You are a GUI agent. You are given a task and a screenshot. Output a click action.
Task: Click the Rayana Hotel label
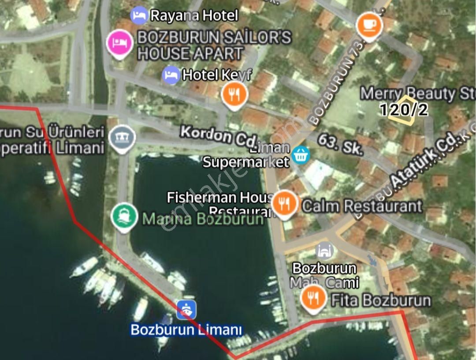tap(193, 16)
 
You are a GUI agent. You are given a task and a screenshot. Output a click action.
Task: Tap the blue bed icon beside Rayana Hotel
tap(139, 15)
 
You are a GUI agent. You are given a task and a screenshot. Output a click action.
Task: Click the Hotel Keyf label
tap(216, 75)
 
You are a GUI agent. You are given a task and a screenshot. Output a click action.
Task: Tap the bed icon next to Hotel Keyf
tap(171, 75)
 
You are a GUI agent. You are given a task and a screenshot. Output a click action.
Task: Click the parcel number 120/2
tap(404, 110)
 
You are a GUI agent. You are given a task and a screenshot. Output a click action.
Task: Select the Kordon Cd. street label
tap(218, 136)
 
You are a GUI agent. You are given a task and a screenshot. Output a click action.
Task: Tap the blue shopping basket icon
tap(302, 154)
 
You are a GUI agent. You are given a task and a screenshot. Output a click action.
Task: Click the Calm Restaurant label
tap(362, 206)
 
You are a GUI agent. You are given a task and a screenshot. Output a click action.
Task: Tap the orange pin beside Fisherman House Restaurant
tap(285, 203)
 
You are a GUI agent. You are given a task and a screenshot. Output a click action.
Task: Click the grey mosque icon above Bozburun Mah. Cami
tap(324, 251)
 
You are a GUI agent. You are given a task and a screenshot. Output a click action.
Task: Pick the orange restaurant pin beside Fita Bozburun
tap(313, 298)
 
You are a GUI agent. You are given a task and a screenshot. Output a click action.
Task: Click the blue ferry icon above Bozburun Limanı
tap(186, 310)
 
